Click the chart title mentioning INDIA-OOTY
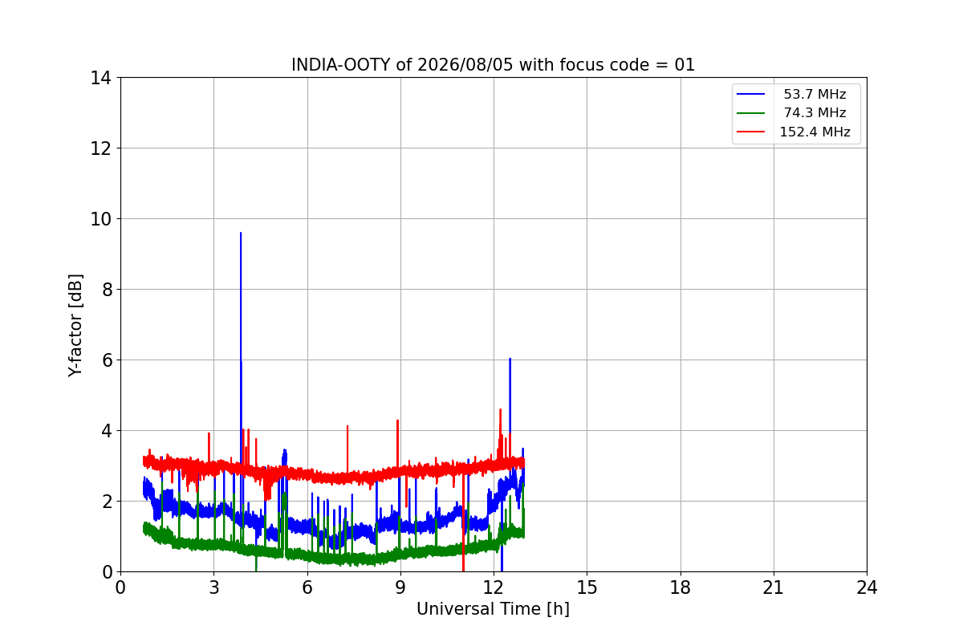493,65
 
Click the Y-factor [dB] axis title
75,325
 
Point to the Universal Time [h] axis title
493,609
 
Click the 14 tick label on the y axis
100,79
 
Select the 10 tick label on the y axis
100,219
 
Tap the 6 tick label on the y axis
107,360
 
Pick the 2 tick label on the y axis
107,502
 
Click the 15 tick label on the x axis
587,587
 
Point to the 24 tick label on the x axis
867,587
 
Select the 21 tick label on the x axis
774,587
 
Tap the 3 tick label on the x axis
214,587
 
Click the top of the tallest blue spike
241,233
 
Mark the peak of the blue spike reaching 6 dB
510,359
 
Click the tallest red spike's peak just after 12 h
501,409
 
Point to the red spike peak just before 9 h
398,421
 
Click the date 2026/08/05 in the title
465,65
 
